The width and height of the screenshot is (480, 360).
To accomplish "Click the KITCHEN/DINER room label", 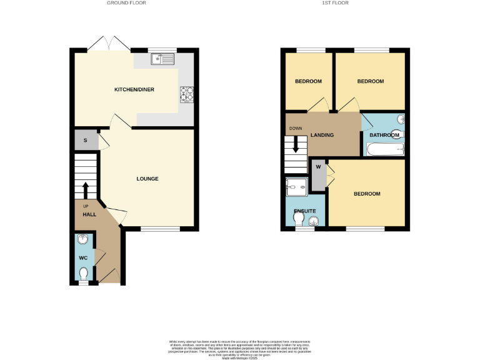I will pos(134,90).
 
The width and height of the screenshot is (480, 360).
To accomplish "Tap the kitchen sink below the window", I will pos(162,60).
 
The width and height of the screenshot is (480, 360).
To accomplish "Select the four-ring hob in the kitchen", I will pos(187,93).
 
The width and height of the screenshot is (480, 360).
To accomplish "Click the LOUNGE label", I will pos(147,179).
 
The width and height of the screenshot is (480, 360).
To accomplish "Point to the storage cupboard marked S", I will pos(86,140).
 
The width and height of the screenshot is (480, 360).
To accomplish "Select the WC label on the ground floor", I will pos(82,257).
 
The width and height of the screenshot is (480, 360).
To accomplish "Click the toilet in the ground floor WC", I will pos(84,273).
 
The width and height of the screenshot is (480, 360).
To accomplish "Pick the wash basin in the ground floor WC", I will pos(83,239).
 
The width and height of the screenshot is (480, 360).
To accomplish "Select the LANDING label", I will pos(322,135).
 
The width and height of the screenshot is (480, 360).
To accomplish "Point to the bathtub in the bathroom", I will pos(384,149).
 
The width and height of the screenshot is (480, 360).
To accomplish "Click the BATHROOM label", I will pos(384,135).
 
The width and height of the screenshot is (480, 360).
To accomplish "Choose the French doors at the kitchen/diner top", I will pos(109,44).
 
